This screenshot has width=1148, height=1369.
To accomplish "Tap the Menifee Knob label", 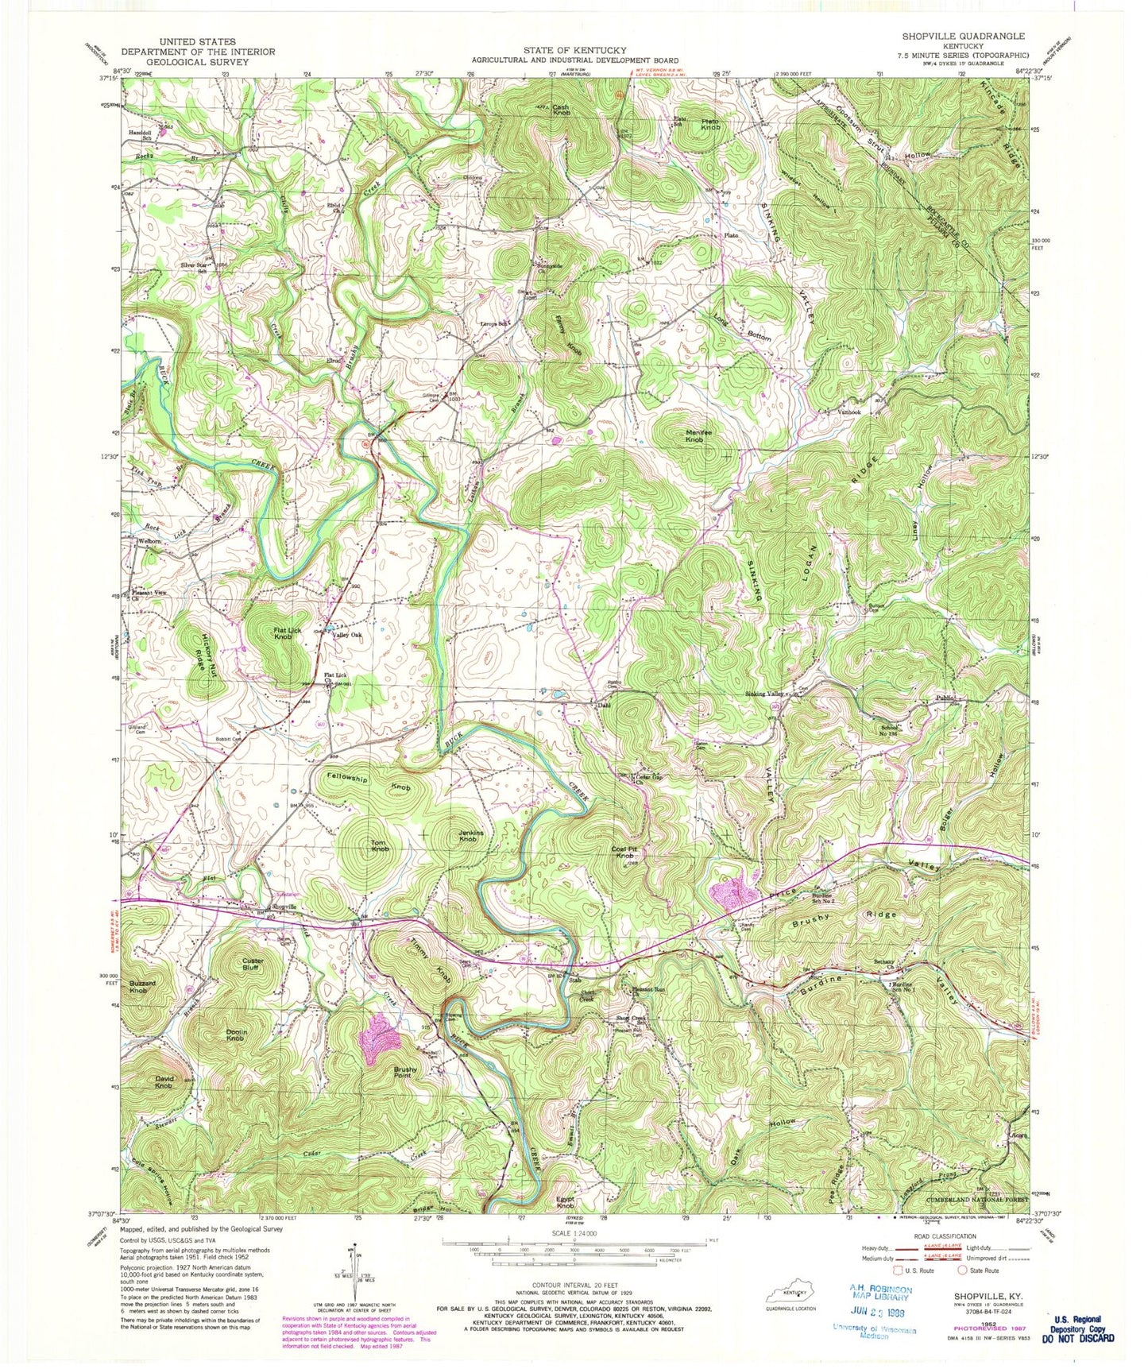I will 694,435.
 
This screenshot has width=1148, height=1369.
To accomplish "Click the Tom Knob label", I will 380,845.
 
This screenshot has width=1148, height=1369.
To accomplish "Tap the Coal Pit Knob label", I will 626,853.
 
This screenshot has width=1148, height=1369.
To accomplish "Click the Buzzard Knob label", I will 138,987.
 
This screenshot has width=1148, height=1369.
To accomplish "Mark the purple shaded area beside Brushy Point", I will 378,1038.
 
